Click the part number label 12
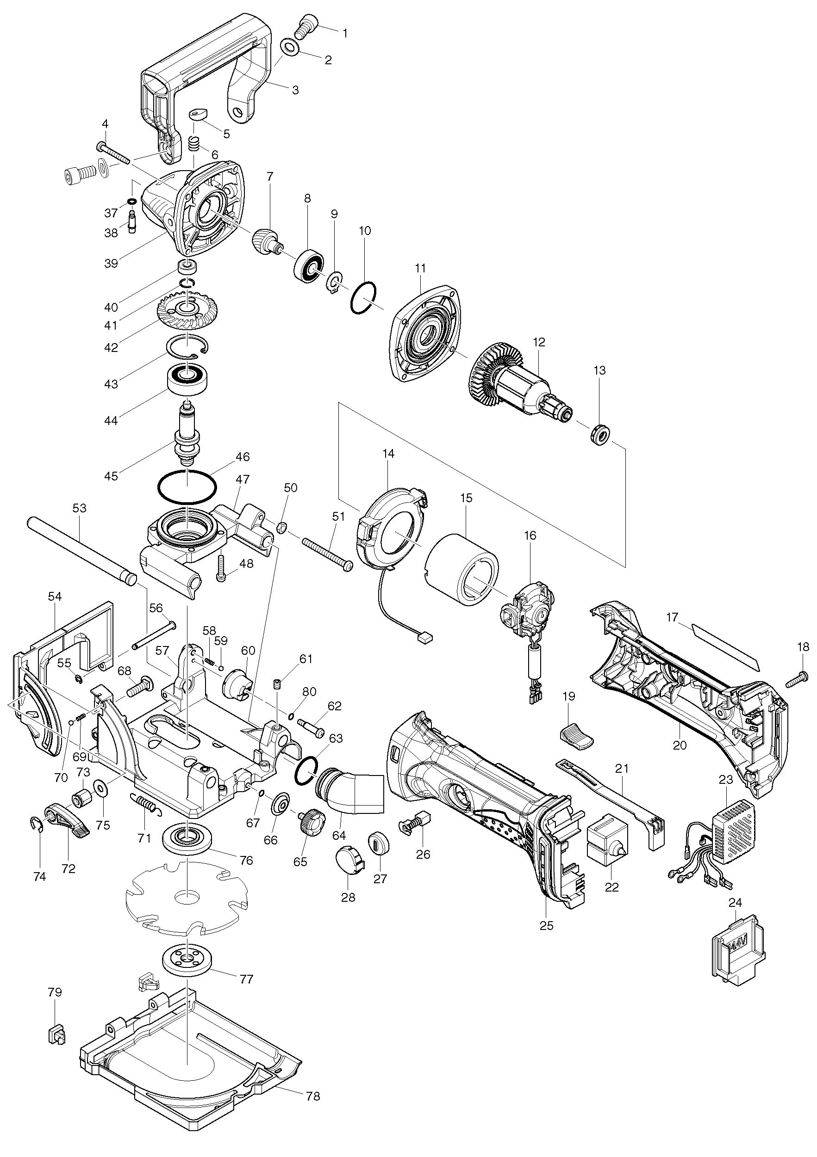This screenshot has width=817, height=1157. coord(539,342)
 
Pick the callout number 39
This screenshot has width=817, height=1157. coord(111,263)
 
